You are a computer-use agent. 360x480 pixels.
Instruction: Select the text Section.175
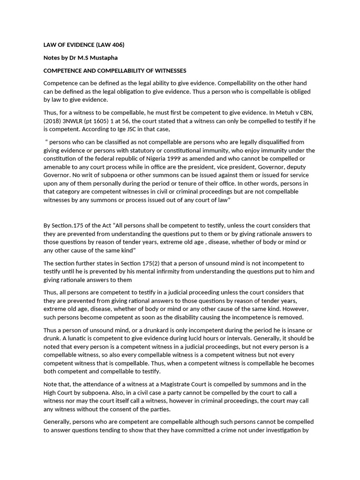pyautogui.click(x=67, y=225)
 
